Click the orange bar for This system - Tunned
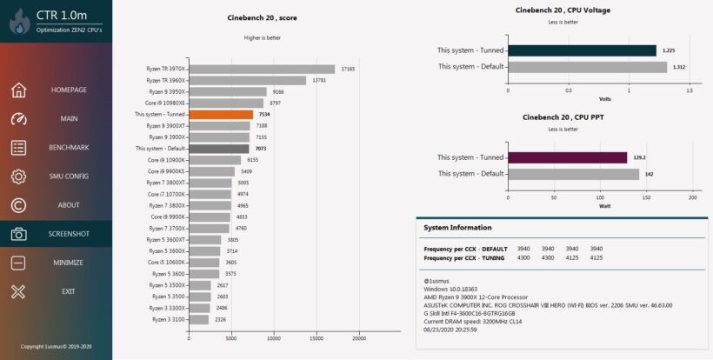point(221,114)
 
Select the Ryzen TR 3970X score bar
point(262,69)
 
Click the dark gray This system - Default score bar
point(218,149)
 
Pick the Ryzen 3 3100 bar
point(198,319)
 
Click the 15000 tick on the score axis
point(316,339)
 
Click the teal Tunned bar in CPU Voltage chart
point(582,50)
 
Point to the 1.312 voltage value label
point(679,67)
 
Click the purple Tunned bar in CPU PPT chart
point(567,157)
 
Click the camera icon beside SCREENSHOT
point(19,234)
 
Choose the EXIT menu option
point(68,291)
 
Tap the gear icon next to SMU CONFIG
point(19,177)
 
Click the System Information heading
point(457,228)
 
